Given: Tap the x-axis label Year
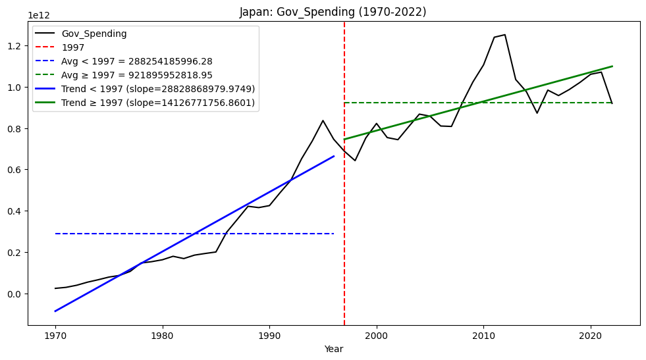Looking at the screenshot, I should (x=334, y=349).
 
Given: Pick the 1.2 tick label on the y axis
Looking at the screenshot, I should (x=16, y=46).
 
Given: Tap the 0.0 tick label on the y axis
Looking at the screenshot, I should (x=16, y=294).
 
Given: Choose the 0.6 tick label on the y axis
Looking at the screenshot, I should (x=16, y=170).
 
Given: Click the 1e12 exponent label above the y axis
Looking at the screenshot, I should (x=39, y=14).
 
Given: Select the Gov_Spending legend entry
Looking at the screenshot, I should (x=94, y=34).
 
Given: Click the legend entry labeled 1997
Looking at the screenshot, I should (x=72, y=47).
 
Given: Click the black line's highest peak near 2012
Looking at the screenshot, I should (x=505, y=35).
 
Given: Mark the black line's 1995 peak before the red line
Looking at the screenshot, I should (x=323, y=120).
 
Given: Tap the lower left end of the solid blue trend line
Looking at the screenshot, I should (x=55, y=311).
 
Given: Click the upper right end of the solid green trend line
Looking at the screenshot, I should (x=612, y=66).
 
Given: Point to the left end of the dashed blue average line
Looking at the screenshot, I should (x=55, y=234).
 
